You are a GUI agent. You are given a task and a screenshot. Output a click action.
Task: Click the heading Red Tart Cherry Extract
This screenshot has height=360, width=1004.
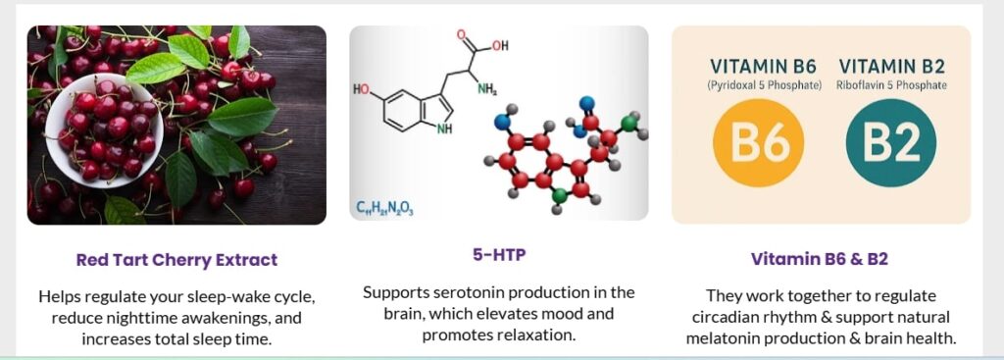click(176, 260)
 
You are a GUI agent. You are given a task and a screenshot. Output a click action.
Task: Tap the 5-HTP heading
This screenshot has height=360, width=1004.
click(499, 255)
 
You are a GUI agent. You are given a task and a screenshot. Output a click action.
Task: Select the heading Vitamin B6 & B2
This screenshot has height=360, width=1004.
click(820, 260)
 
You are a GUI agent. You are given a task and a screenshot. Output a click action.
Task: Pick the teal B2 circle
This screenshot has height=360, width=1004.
click(890, 142)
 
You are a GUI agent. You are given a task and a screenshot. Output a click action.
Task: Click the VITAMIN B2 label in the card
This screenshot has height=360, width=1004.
click(892, 66)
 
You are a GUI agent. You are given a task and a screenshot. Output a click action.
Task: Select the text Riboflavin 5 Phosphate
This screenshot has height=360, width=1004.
click(892, 85)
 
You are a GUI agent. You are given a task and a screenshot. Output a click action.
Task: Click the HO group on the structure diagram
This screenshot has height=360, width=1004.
click(362, 89)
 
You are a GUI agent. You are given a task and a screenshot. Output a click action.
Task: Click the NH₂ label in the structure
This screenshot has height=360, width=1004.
click(487, 89)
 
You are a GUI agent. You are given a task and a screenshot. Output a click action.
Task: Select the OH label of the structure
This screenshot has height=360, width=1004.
click(499, 45)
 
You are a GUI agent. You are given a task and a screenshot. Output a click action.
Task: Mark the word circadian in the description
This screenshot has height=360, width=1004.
click(726, 317)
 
